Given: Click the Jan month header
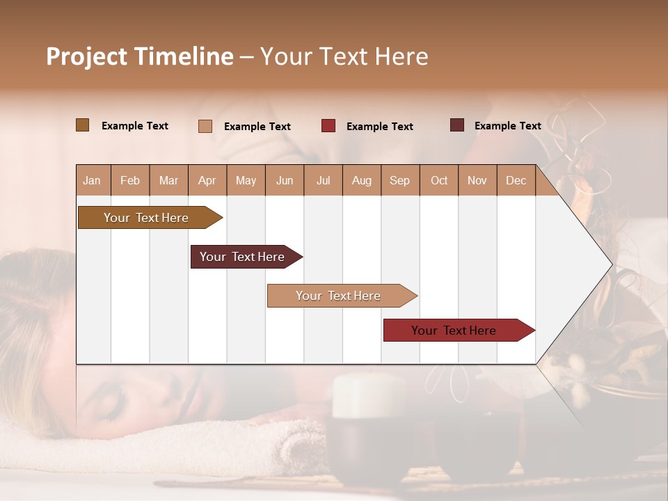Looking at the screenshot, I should click(x=92, y=181).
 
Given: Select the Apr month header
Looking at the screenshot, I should click(x=207, y=181).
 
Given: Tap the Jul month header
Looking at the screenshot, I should click(x=323, y=181).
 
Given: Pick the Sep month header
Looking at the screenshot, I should click(x=399, y=181).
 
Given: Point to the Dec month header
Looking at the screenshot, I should click(x=516, y=181).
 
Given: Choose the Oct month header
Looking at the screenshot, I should click(x=439, y=181).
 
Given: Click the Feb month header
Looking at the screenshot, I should click(x=130, y=181).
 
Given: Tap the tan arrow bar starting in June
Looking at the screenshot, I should click(x=339, y=296).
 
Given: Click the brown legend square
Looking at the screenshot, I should click(x=82, y=125).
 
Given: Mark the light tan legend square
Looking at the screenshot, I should click(x=205, y=126).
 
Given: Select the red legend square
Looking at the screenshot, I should click(x=328, y=126).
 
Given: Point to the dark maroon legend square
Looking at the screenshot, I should click(x=456, y=125).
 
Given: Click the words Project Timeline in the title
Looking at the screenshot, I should click(x=139, y=56).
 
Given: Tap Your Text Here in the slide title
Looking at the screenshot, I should click(x=344, y=56).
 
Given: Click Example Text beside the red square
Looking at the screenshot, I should click(x=380, y=127).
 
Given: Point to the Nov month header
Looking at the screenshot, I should click(x=477, y=181).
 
